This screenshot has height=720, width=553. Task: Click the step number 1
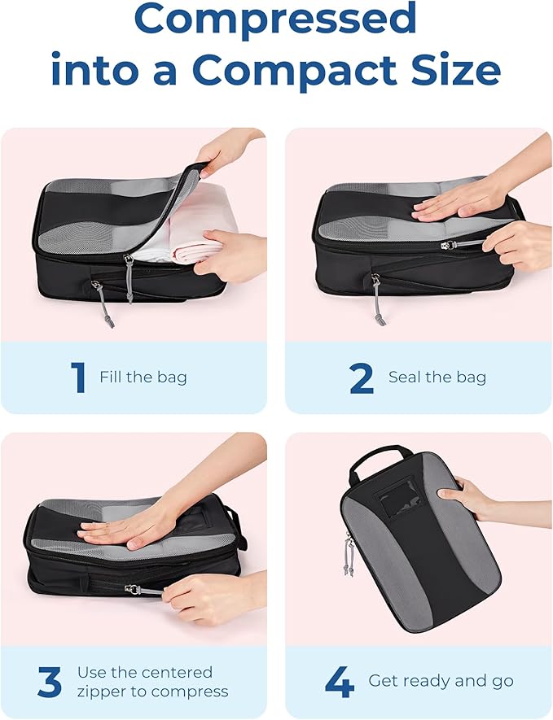[78, 377]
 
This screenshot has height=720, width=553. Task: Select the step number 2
[361, 377]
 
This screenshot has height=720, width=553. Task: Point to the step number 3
[49, 683]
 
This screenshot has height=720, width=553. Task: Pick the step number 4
[339, 682]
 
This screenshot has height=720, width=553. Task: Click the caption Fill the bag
[143, 377]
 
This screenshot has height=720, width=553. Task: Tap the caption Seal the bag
[437, 377]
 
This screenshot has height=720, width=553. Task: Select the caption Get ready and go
[441, 681]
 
